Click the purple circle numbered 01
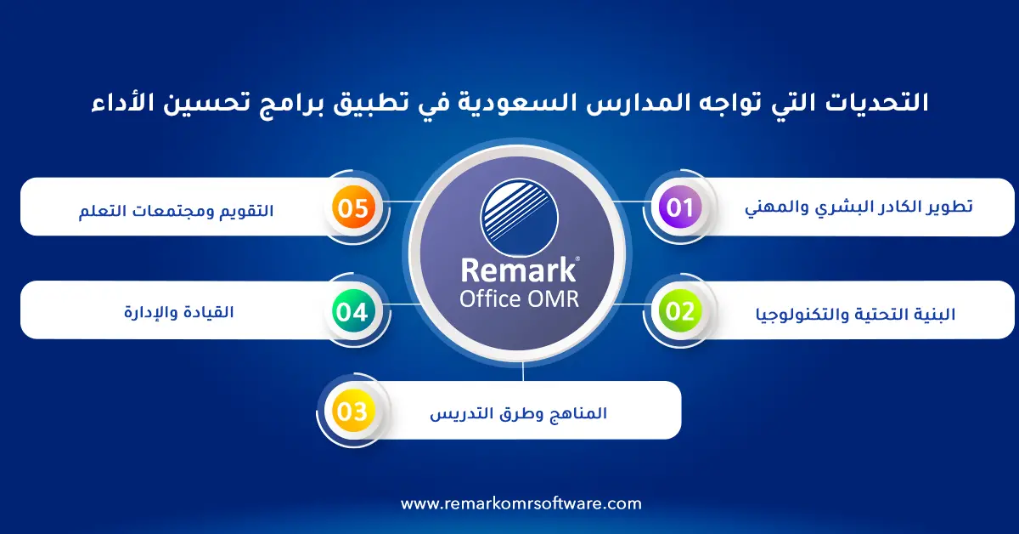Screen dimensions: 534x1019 click(679, 207)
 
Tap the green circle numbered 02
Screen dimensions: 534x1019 click(679, 311)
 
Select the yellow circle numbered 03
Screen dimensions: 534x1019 click(352, 412)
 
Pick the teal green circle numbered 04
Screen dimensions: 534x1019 click(352, 312)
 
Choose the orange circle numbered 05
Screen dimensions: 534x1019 click(352, 208)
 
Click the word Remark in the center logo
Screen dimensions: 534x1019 click(519, 270)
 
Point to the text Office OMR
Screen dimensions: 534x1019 click(519, 299)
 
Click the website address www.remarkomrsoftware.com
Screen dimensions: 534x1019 click(521, 503)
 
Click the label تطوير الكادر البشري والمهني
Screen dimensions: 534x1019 click(859, 207)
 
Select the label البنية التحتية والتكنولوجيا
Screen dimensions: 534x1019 click(854, 314)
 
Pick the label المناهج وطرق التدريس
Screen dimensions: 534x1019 click(518, 413)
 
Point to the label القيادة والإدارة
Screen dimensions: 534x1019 click(178, 312)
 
